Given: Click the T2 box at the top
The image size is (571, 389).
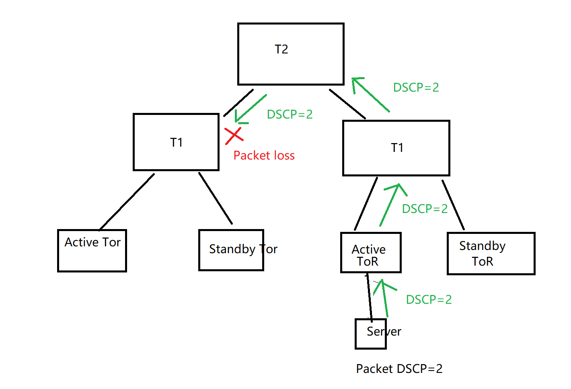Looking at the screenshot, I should [x=291, y=54].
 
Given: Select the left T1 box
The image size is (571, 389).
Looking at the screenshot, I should [x=176, y=142].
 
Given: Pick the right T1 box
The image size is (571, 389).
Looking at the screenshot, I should [x=396, y=148].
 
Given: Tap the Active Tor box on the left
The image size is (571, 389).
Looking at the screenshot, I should [x=92, y=251].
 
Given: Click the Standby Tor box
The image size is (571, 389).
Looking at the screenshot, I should [x=231, y=250].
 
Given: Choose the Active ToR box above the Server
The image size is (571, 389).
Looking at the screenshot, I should [x=371, y=253].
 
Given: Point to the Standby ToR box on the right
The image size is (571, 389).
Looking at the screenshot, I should [x=491, y=254].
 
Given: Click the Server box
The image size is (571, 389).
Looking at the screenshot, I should [x=371, y=334].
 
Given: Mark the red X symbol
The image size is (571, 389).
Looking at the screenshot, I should [x=234, y=136].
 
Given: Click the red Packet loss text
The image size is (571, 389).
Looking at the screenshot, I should [x=264, y=156].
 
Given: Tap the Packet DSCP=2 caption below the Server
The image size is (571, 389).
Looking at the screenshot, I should [x=399, y=369].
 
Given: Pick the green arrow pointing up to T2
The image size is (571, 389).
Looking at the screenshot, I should [x=370, y=94].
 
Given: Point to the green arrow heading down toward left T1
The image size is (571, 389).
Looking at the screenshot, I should [x=251, y=109].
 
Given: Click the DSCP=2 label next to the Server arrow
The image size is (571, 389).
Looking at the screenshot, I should [x=429, y=299].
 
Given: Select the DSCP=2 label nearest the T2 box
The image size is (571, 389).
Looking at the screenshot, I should [x=416, y=87].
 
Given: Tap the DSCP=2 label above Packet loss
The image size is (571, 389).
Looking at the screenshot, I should [x=290, y=114].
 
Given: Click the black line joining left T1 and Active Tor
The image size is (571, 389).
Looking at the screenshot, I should [x=127, y=201].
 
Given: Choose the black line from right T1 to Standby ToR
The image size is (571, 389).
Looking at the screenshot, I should [x=453, y=205].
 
